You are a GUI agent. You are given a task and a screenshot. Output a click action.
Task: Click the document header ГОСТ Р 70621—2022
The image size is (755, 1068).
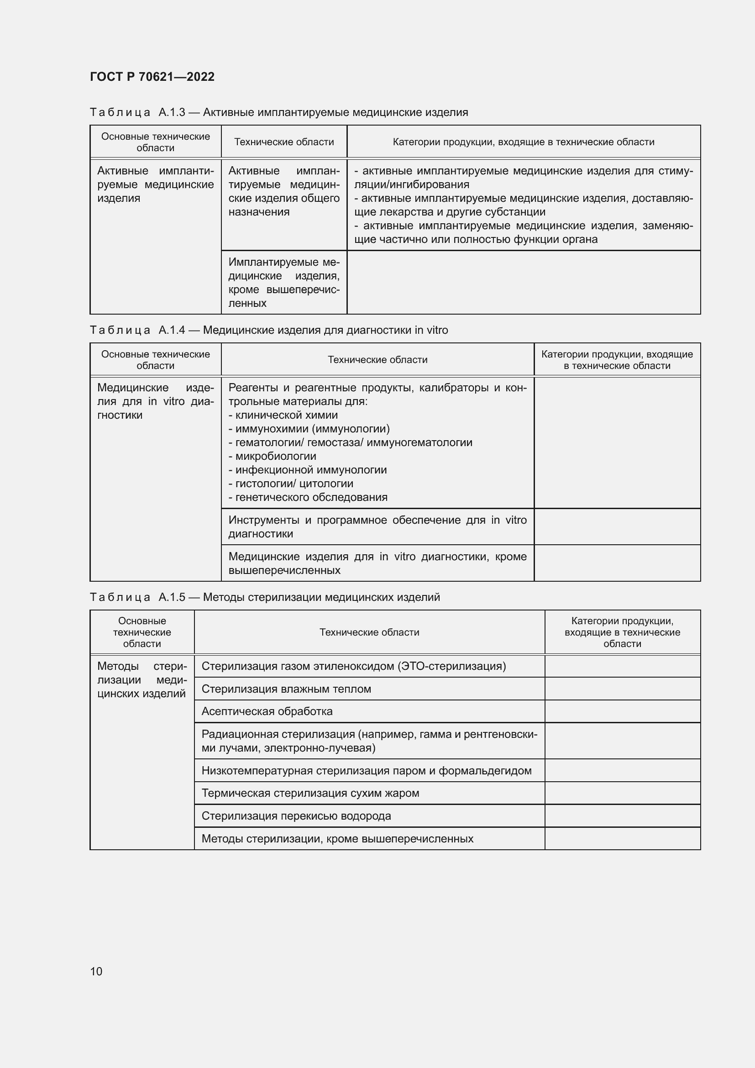coord(152,77)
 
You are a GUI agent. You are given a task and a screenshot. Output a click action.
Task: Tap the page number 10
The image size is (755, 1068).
coord(96,971)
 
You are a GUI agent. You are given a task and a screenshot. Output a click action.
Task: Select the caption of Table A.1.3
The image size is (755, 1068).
coord(278,112)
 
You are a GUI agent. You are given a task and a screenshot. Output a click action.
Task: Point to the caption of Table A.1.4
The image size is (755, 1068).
coord(269,330)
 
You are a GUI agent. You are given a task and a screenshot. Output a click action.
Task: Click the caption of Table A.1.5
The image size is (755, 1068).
coord(265,597)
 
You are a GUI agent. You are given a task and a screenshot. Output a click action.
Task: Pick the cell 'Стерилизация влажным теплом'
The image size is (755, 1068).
coord(286,689)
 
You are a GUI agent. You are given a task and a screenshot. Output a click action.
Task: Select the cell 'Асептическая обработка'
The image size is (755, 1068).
coord(267,711)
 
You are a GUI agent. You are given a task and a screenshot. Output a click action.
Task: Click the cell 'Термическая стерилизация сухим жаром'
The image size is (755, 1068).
coord(310,793)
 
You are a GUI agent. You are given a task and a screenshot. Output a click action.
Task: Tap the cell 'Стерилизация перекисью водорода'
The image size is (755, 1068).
coord(296,816)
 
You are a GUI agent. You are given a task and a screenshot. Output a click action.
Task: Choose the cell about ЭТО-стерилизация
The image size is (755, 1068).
coord(353,666)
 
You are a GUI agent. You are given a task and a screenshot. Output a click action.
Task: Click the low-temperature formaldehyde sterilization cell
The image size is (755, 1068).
coord(367,771)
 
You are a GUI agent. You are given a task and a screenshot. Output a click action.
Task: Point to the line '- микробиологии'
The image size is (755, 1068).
coord(273,456)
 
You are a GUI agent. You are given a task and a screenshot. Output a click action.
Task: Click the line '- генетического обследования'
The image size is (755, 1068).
coord(308,497)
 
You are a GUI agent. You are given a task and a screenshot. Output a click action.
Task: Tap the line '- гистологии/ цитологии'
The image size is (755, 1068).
coord(291,484)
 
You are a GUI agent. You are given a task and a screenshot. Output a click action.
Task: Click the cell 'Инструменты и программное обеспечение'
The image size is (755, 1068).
coord(377,526)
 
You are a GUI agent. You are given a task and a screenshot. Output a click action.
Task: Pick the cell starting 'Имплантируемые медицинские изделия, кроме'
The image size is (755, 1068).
coord(283,282)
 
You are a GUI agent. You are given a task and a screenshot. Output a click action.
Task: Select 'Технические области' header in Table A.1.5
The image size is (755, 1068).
coord(369,632)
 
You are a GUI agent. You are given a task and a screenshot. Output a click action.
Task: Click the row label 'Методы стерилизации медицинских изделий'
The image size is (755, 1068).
coord(142,679)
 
